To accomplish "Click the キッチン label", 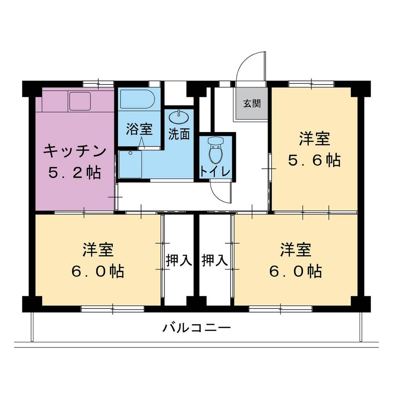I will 75,151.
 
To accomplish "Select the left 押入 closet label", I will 178,261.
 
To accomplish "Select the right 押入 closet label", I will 215,261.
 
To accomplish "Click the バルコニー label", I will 196,327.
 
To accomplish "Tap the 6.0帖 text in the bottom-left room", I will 98,271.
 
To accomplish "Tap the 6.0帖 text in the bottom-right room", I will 296,271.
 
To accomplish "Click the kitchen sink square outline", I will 80,101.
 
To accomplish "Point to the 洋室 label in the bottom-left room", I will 98,250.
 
